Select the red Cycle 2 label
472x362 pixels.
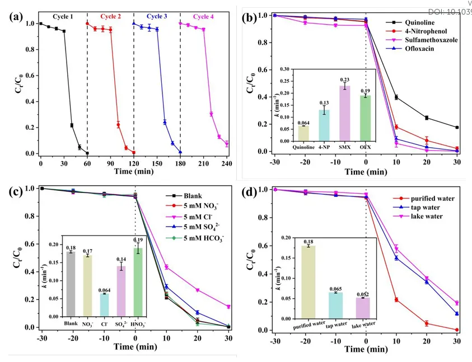109,16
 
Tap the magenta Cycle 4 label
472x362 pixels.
205,16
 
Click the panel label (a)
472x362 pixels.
17,17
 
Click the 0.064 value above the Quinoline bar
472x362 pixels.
303,123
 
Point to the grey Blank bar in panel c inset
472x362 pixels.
71,285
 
